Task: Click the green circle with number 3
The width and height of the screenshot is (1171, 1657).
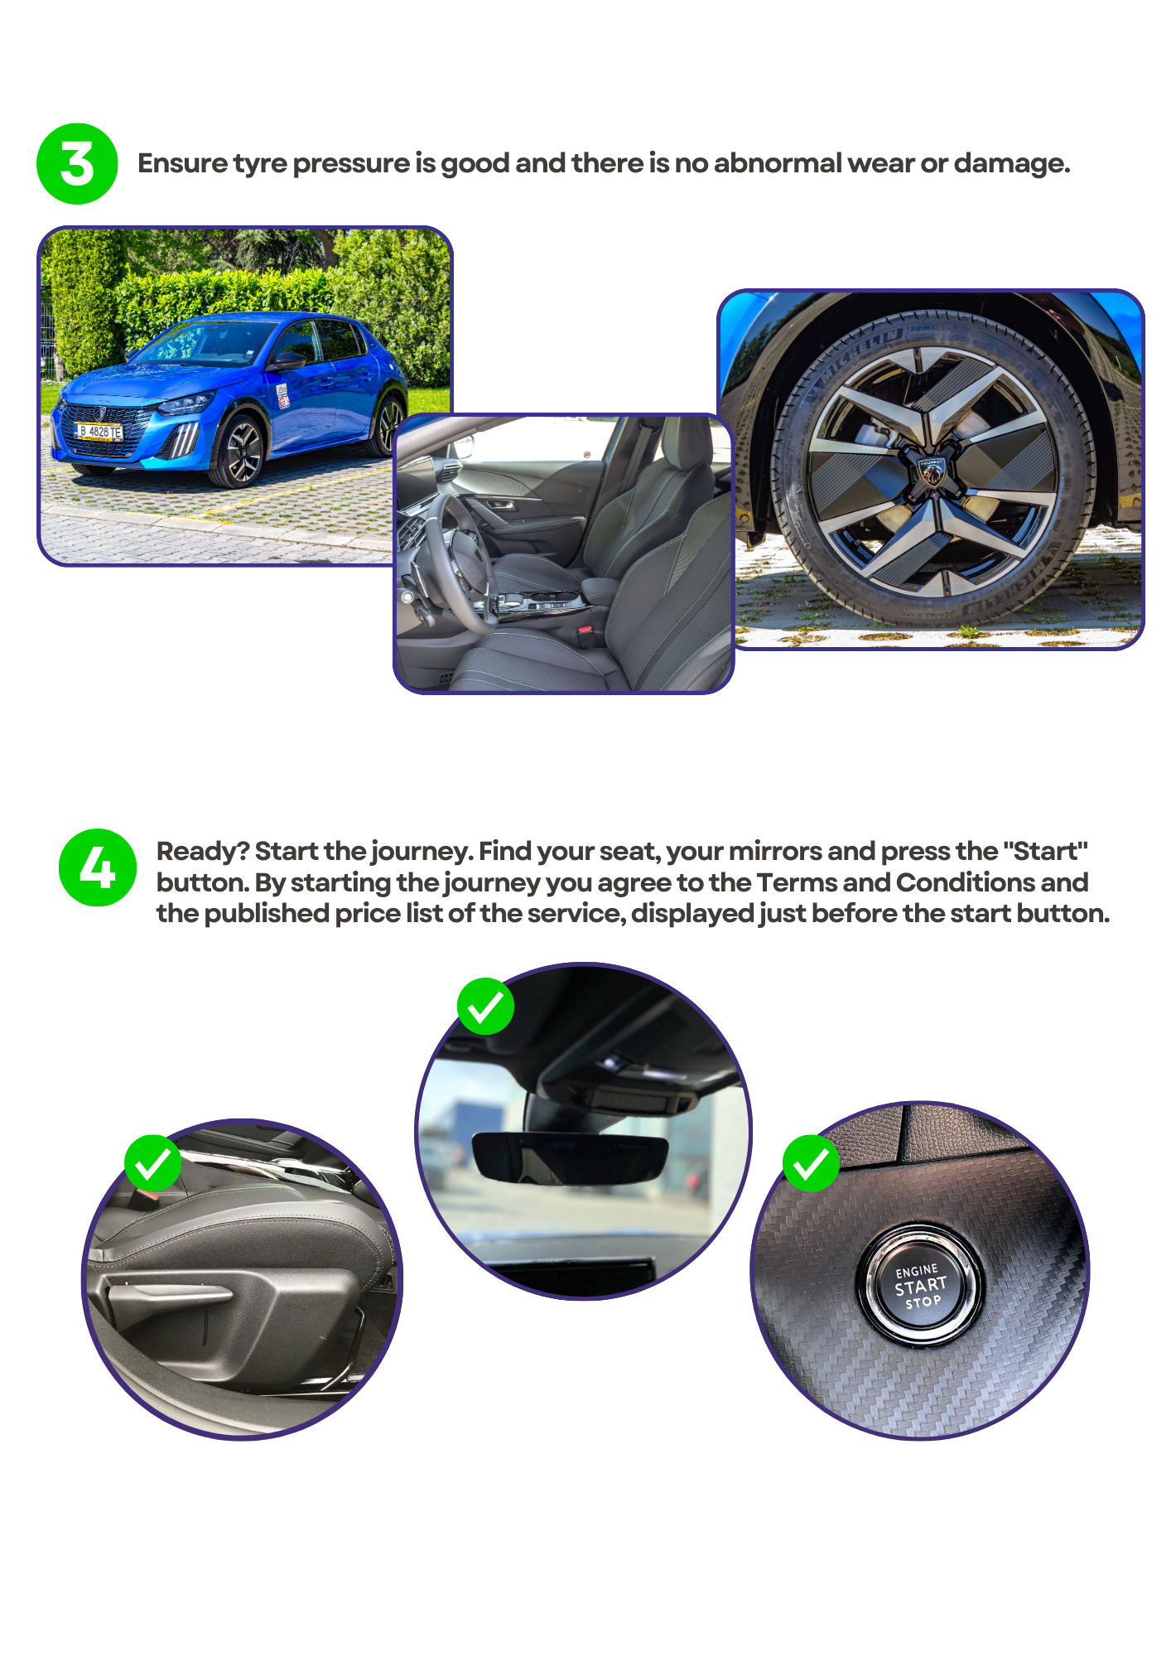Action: (77, 164)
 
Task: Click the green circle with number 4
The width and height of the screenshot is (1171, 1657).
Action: (98, 867)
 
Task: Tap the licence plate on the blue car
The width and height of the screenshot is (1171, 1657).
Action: (99, 432)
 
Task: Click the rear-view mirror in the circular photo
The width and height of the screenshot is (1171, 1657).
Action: (569, 1157)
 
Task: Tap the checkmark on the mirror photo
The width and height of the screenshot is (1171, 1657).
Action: (485, 1007)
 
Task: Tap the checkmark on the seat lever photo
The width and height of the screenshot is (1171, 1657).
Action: (153, 1162)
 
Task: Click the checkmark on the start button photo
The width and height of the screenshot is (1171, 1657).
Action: (811, 1163)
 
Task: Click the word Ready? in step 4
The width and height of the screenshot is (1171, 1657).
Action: (203, 852)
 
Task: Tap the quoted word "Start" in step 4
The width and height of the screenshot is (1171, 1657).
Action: (1044, 851)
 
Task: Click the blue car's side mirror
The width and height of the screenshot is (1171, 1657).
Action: (287, 361)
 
